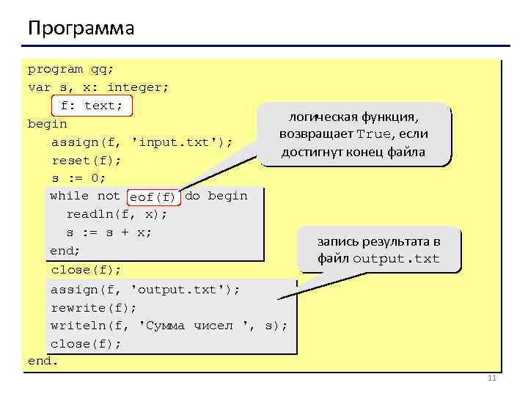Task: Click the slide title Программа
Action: tap(81, 29)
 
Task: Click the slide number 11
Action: tap(491, 378)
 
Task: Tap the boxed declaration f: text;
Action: tap(92, 106)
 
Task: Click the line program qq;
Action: tap(70, 70)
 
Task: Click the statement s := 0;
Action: tap(78, 178)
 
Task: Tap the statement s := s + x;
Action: tap(109, 232)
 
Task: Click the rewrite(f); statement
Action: tap(93, 307)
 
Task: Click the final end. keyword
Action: tap(43, 361)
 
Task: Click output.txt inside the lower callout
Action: tap(396, 259)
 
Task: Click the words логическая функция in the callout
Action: tap(353, 117)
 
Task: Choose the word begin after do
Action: tap(228, 196)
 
